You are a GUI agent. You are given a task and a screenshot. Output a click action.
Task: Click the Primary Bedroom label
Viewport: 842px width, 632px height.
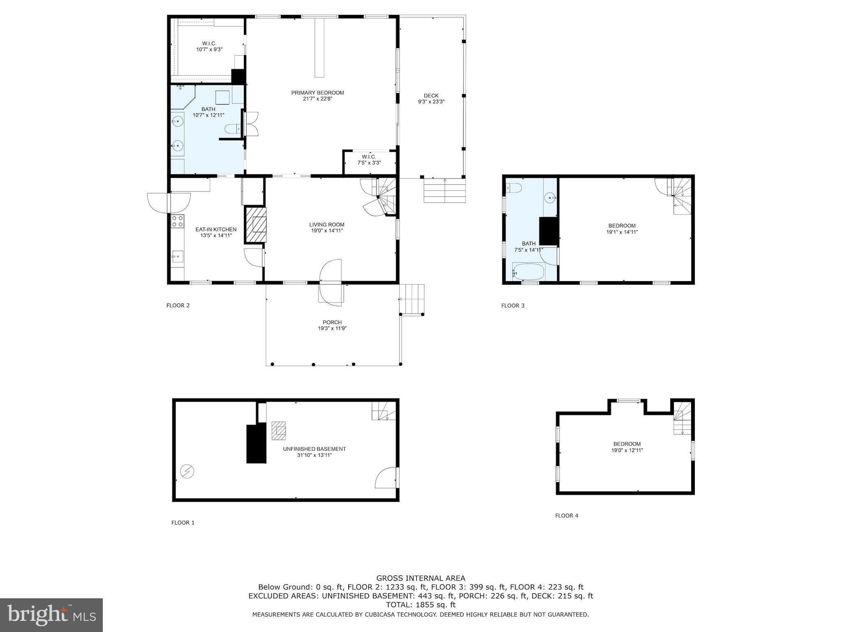point(317,93)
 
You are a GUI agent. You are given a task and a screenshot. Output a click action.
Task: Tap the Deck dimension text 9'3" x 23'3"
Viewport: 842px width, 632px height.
point(431,102)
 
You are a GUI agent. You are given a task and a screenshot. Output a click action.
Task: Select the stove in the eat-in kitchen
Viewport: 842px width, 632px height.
point(178,221)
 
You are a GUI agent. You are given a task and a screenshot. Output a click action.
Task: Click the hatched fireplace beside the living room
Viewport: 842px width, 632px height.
point(256,225)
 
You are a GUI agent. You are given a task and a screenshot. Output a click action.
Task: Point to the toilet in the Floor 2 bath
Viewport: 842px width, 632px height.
point(233,130)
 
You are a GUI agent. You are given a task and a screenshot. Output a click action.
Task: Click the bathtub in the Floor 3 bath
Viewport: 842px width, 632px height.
point(529,272)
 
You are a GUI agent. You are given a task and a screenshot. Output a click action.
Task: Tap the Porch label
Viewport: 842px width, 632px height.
point(332,322)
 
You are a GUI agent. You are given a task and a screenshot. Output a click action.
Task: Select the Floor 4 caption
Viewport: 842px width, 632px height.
point(567,516)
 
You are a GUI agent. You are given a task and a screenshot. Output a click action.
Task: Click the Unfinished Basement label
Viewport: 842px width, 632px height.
point(315,449)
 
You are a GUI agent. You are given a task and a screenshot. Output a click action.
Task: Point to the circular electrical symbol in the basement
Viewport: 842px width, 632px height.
point(187,472)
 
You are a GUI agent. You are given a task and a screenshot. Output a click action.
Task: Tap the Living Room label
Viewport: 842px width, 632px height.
point(327,225)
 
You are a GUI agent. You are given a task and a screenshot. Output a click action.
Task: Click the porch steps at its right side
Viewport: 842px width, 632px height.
point(412,299)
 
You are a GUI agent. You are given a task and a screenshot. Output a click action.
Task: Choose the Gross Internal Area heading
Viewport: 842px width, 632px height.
point(421,578)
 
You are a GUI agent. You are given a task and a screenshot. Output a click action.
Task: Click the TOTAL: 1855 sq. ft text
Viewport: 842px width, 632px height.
point(421,605)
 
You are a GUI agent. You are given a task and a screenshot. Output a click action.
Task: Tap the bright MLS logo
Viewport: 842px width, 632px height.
point(51,615)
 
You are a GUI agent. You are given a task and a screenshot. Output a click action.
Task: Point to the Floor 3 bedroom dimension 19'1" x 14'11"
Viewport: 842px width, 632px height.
point(622,232)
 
